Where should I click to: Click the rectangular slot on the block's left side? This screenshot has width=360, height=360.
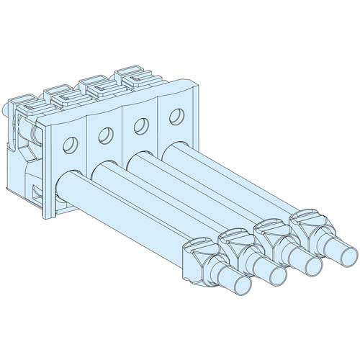tap(37, 191)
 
